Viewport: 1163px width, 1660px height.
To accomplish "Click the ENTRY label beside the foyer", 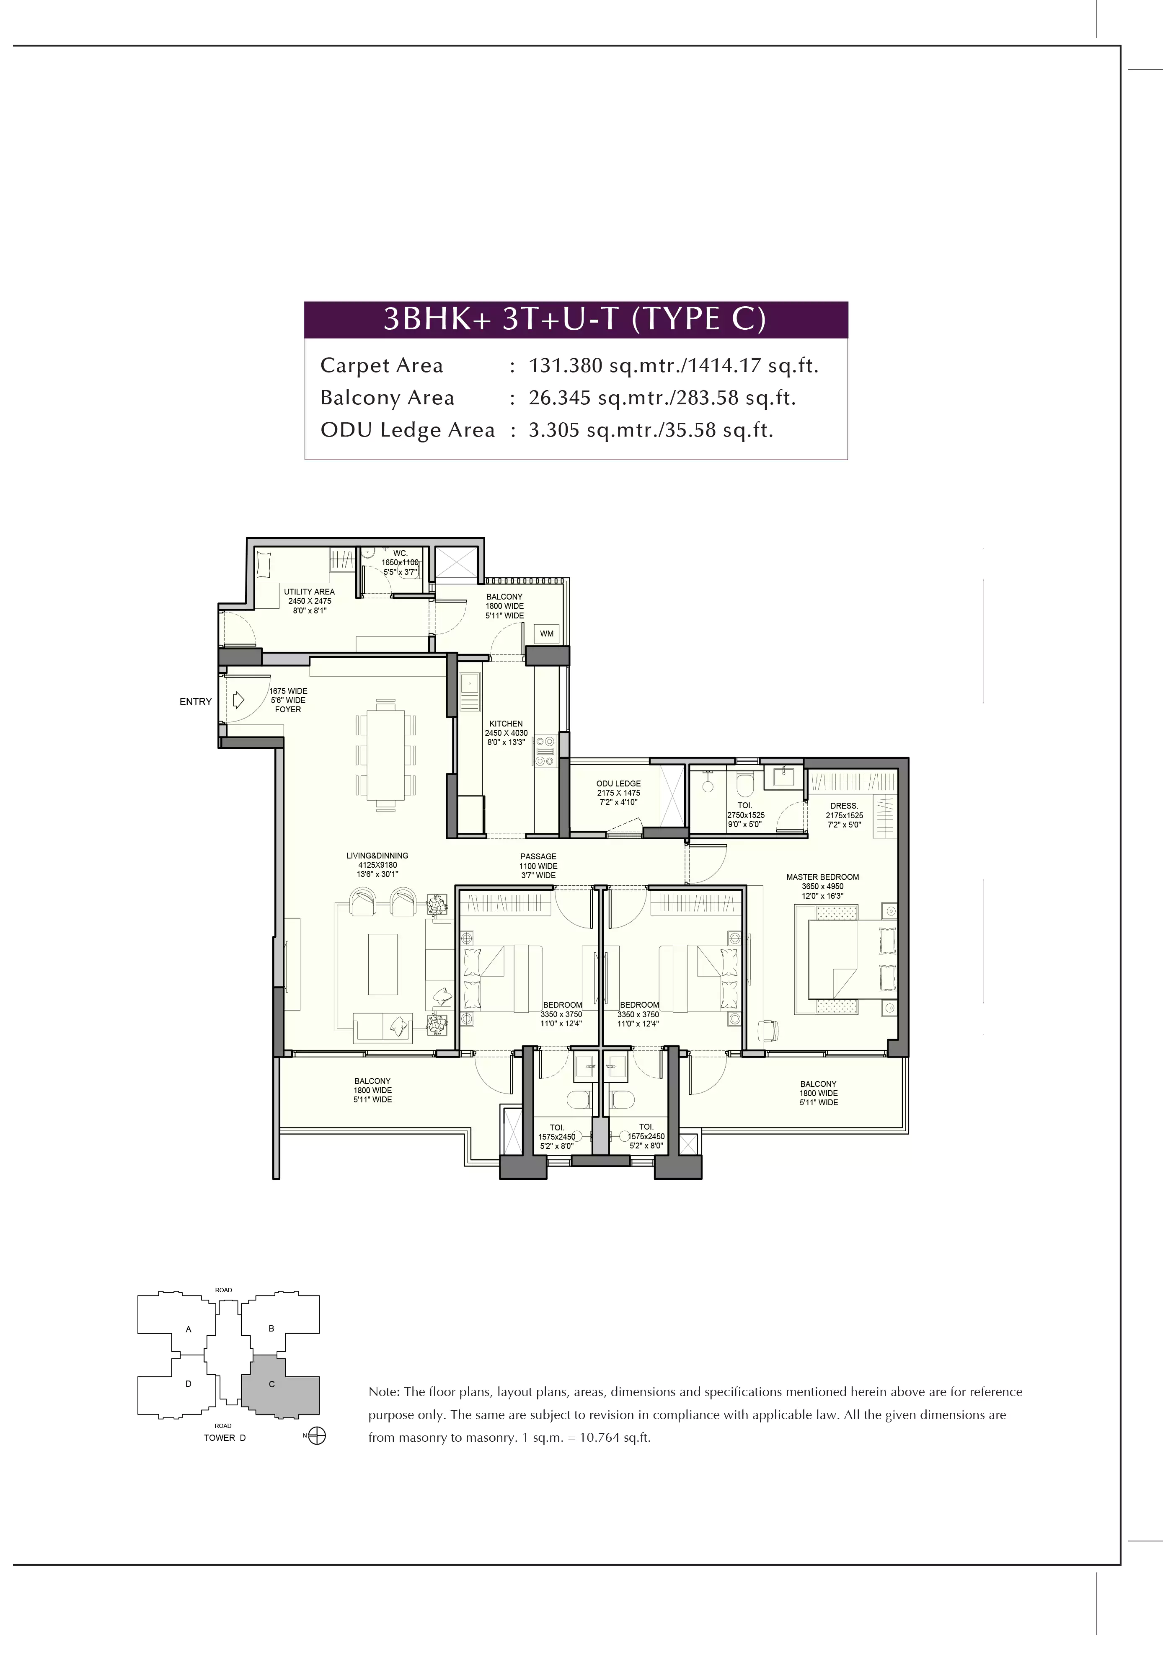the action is point(195,701).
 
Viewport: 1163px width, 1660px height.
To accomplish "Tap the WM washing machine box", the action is point(546,633).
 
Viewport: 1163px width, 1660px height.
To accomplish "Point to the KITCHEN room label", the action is point(506,723).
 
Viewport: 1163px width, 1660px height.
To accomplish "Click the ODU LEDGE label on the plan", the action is point(618,783).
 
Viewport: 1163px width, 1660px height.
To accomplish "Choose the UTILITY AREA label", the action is point(309,592).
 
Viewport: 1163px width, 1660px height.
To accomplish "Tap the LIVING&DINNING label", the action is point(377,855).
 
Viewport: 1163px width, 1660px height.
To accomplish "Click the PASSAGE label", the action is point(538,856).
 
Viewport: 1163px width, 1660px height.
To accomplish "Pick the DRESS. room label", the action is point(844,805).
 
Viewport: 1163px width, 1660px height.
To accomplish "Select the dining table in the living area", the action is point(385,755).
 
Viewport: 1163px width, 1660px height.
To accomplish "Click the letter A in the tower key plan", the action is point(189,1329).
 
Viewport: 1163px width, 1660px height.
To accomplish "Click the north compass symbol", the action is point(317,1436).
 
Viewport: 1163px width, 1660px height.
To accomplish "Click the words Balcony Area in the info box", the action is point(388,398).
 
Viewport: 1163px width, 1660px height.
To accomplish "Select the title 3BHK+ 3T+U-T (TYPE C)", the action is point(575,319).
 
